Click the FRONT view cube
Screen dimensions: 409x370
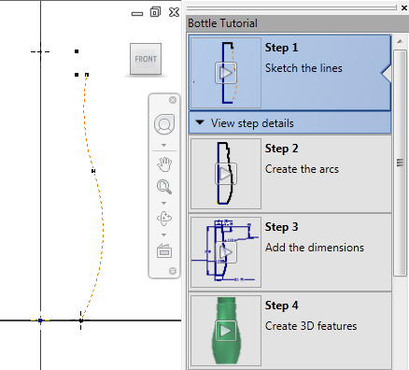(x=146, y=59)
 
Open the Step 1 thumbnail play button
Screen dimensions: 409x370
(x=226, y=73)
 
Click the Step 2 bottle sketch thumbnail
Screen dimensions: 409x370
(x=226, y=174)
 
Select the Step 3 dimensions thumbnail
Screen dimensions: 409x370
(x=226, y=252)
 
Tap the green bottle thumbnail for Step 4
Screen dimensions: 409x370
(x=226, y=331)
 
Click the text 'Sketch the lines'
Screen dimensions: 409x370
(x=303, y=68)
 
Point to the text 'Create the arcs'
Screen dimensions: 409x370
(x=302, y=169)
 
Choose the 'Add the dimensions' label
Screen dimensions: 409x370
(x=315, y=248)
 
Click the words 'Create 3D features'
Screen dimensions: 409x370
(x=311, y=326)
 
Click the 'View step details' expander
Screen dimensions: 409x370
(x=245, y=123)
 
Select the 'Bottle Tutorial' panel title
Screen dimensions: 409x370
(x=222, y=23)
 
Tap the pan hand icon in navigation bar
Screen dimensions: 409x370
(x=164, y=164)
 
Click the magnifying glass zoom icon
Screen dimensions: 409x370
(x=164, y=187)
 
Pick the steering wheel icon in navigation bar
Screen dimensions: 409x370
(x=164, y=124)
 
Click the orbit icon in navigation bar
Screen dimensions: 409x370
(x=164, y=219)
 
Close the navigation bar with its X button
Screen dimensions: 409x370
(x=173, y=100)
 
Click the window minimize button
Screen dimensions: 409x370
(x=137, y=14)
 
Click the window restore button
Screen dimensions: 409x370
(x=155, y=12)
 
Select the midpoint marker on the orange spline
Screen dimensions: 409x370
(x=93, y=171)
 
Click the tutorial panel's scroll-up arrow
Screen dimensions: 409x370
(x=400, y=41)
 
